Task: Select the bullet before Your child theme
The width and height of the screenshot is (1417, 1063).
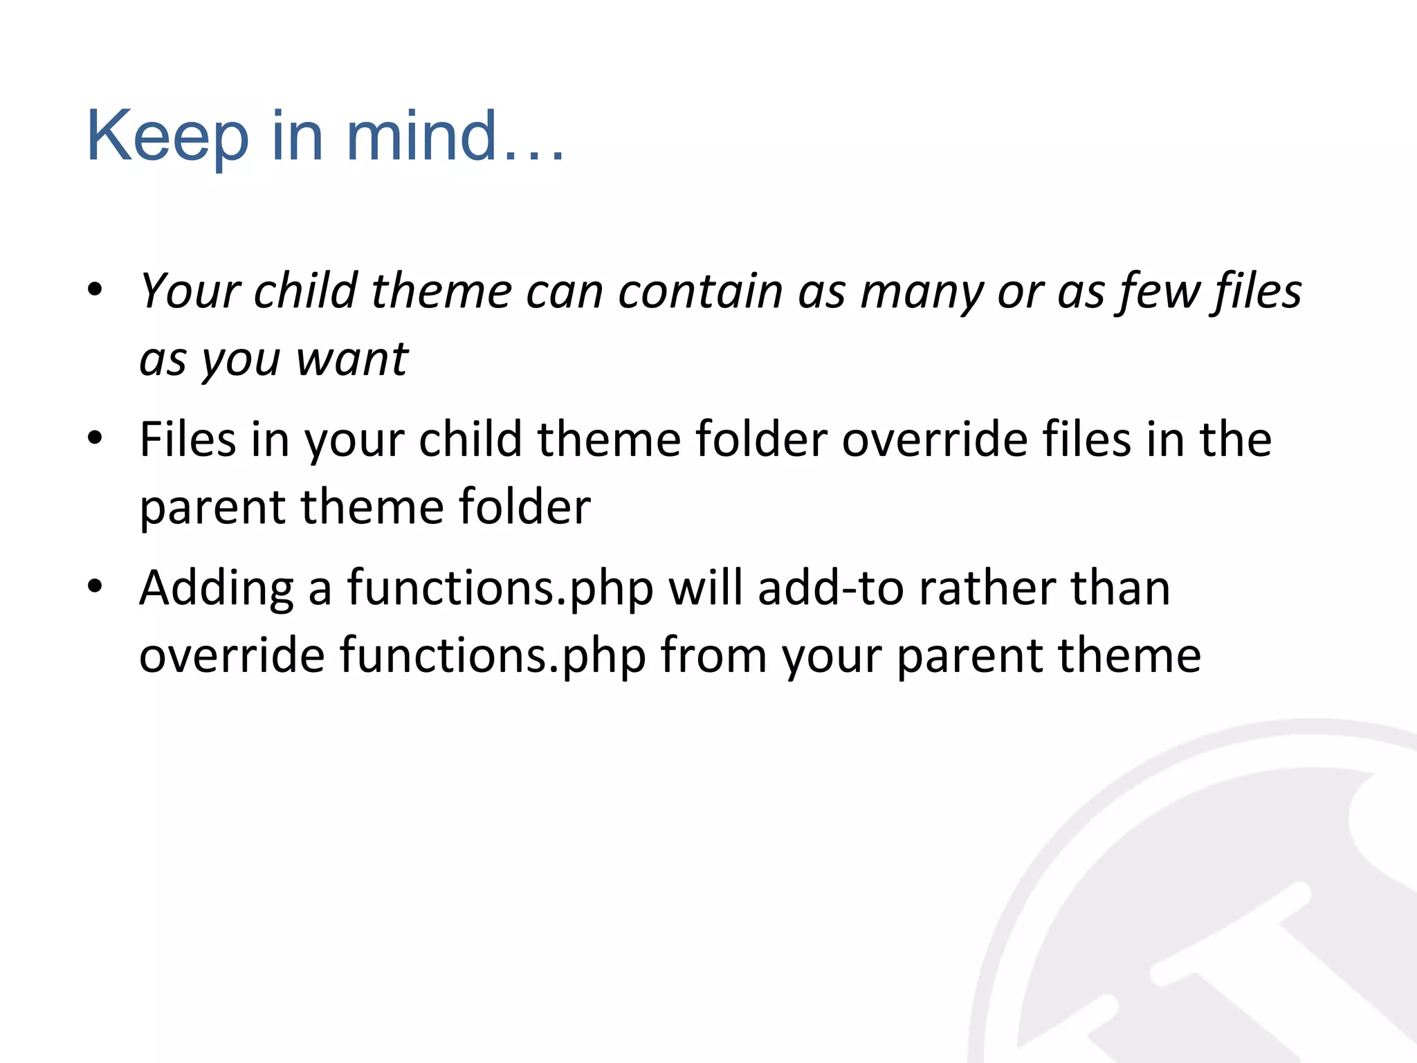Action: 95,289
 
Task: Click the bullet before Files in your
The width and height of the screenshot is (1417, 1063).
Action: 95,438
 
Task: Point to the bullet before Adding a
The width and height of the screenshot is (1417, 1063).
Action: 95,587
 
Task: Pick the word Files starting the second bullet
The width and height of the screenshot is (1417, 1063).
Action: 188,439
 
